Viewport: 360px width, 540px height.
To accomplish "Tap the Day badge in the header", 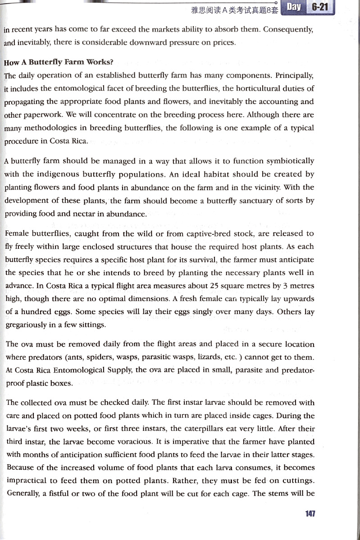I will click(x=294, y=7).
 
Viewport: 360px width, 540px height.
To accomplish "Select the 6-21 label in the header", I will click(x=320, y=7).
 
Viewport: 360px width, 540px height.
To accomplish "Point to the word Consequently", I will click(x=288, y=30).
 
